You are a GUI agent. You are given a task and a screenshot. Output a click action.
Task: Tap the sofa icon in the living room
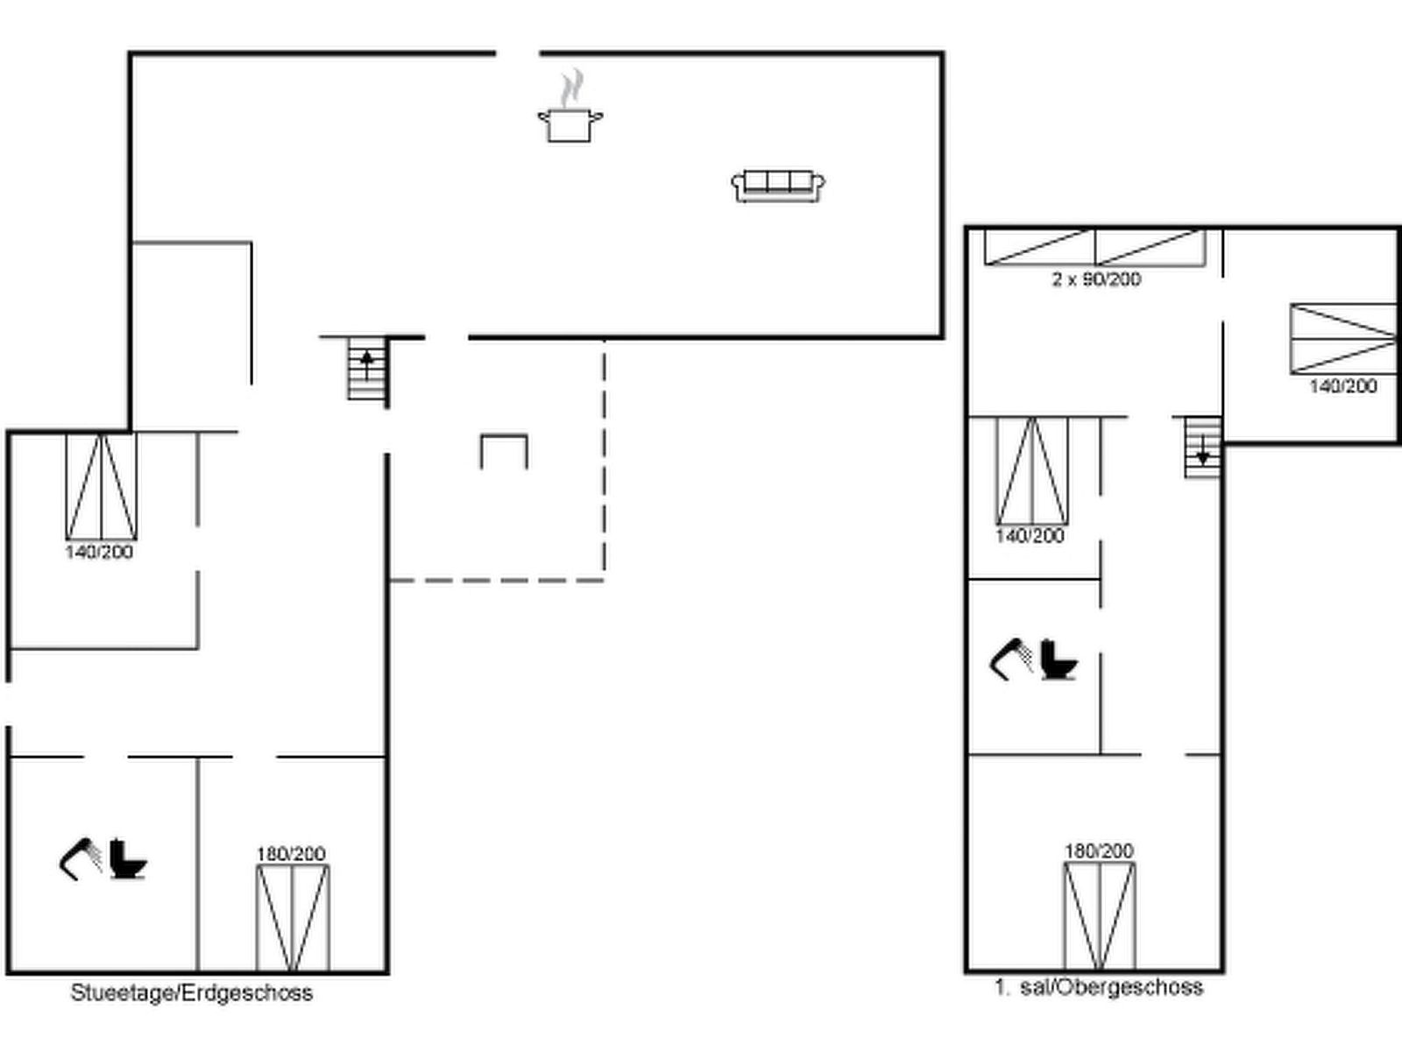click(778, 187)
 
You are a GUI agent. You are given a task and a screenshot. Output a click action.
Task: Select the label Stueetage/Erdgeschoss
click(192, 993)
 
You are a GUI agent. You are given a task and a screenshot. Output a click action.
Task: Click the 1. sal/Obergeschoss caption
click(1099, 988)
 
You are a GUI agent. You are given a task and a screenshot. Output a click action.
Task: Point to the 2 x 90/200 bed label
click(1096, 279)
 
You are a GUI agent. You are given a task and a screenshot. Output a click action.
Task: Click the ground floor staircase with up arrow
click(367, 369)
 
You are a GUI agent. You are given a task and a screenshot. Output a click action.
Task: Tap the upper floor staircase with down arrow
click(1203, 447)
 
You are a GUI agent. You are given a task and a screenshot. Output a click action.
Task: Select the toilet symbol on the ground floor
click(128, 859)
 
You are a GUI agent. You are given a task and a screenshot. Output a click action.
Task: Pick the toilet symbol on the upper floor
click(1059, 660)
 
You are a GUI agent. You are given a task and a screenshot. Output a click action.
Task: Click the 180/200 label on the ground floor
click(291, 854)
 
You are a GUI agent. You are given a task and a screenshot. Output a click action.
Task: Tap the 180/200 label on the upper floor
click(1099, 851)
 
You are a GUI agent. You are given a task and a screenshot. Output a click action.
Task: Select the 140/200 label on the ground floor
click(99, 552)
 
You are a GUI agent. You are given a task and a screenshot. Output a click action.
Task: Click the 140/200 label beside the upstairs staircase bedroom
click(1030, 536)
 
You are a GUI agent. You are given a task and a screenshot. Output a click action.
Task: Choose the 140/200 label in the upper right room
click(1343, 387)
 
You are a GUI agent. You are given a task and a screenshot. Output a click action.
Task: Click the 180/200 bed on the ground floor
click(293, 918)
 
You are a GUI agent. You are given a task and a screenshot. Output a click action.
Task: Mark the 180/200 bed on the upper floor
click(1099, 916)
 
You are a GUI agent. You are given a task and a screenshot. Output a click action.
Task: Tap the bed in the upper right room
click(1343, 339)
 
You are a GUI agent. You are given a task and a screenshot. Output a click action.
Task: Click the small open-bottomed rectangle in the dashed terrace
click(504, 436)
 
